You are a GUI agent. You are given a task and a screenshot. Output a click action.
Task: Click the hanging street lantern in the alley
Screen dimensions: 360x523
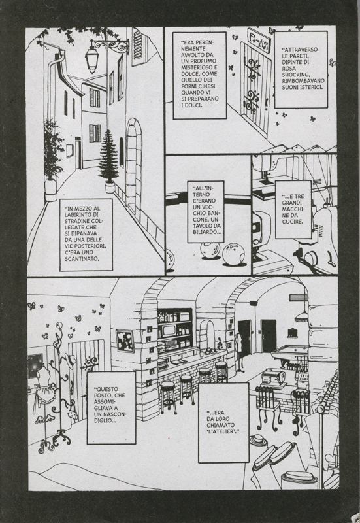91,60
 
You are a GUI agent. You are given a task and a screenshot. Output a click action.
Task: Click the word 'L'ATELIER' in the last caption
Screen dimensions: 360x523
223,431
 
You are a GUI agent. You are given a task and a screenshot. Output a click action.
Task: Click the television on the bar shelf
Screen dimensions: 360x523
171,330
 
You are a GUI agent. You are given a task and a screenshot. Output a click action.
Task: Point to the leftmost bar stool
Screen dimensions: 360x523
168,397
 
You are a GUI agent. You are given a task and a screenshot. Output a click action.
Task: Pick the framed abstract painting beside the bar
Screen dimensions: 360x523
125,341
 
